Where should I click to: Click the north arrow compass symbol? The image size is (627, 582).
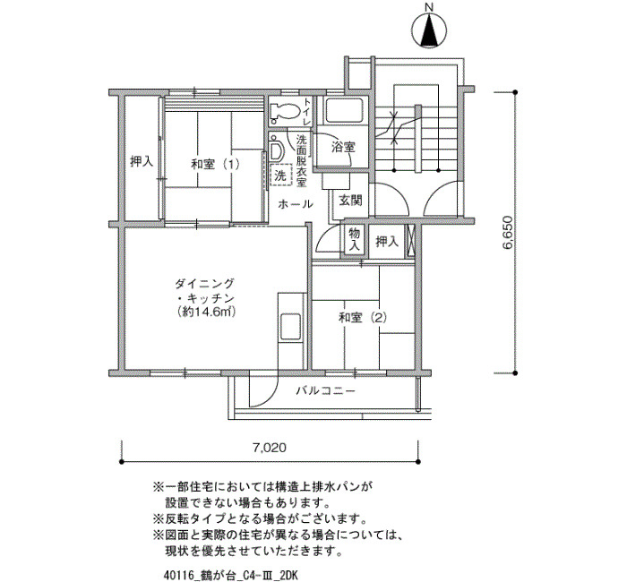click(x=429, y=29)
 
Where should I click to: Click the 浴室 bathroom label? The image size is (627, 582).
click(x=342, y=146)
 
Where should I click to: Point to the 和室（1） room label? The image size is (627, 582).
click(x=215, y=165)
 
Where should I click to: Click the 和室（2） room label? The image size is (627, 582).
click(x=363, y=317)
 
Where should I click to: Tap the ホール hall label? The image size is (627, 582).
click(x=295, y=205)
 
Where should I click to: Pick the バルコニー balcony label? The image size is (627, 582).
click(x=326, y=391)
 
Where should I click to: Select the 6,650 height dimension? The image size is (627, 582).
click(x=507, y=235)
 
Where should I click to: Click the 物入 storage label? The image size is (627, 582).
click(x=354, y=240)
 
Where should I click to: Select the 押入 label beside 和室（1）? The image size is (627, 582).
click(x=141, y=162)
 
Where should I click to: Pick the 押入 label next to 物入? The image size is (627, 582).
click(x=387, y=241)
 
